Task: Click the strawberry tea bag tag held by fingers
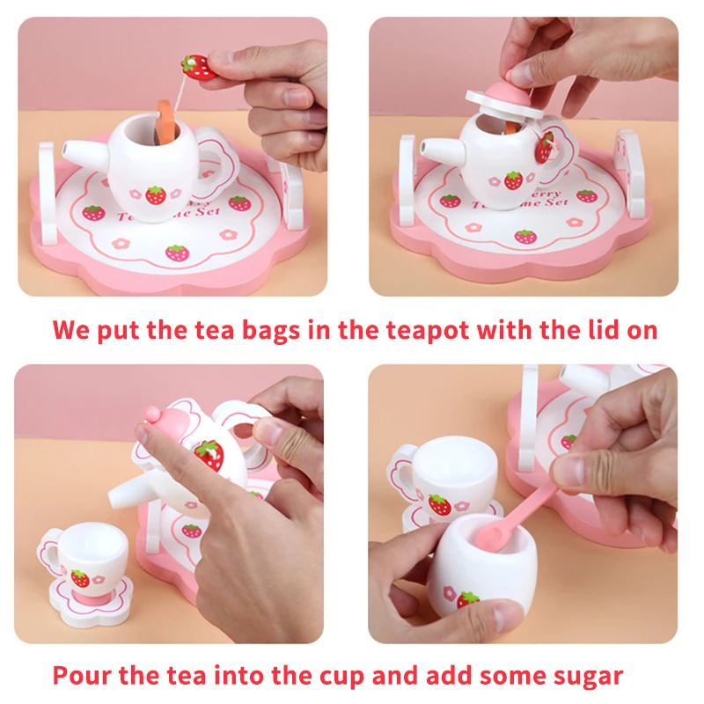(x=197, y=67)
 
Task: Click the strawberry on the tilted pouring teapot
(x=209, y=454)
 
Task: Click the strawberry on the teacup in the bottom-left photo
(x=80, y=578)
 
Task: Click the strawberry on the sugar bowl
(x=467, y=601)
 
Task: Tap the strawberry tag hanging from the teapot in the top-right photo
(x=546, y=148)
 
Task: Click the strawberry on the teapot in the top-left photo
(x=157, y=194)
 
